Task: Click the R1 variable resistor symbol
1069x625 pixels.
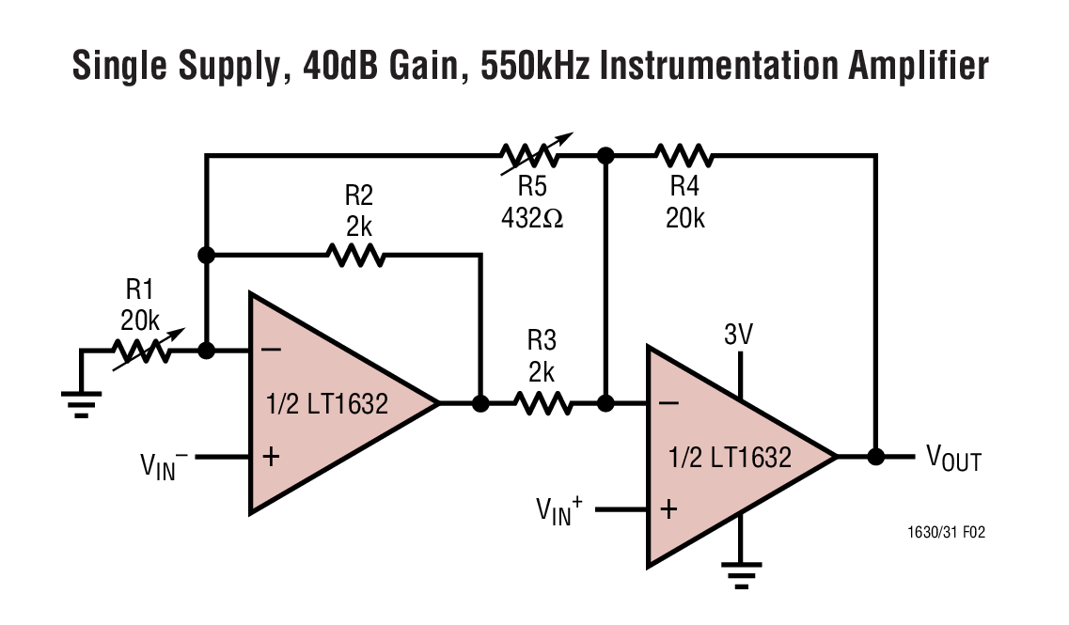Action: [x=141, y=352]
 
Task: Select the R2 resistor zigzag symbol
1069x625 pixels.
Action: [x=354, y=255]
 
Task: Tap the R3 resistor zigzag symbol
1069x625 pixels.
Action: [x=542, y=403]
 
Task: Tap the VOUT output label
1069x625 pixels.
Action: [x=953, y=460]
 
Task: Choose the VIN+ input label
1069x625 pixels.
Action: [x=559, y=510]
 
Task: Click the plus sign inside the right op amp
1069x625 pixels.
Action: [x=668, y=509]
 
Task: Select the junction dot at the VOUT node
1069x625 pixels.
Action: [x=876, y=457]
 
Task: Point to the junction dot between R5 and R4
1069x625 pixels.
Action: [x=606, y=155]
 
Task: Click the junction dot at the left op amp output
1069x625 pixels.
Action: [x=479, y=403]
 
